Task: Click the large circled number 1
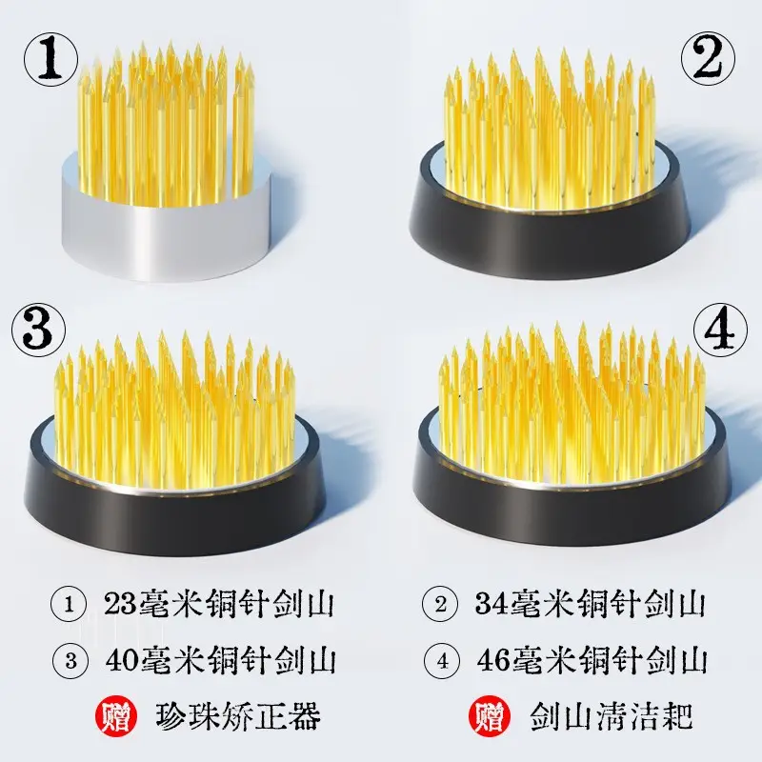[x=51, y=59]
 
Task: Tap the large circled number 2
[x=708, y=59]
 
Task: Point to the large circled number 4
[x=720, y=331]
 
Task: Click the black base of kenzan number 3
[x=175, y=515]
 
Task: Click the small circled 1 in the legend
[x=69, y=605]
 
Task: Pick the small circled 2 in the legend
[x=440, y=605]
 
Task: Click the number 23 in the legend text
[x=121, y=604]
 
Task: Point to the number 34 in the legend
[x=491, y=604]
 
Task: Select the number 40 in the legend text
[x=123, y=660]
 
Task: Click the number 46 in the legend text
[x=494, y=660]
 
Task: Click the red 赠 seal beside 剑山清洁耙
[x=490, y=716]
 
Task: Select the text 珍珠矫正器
[x=238, y=715]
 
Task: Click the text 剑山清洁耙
[x=611, y=715]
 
